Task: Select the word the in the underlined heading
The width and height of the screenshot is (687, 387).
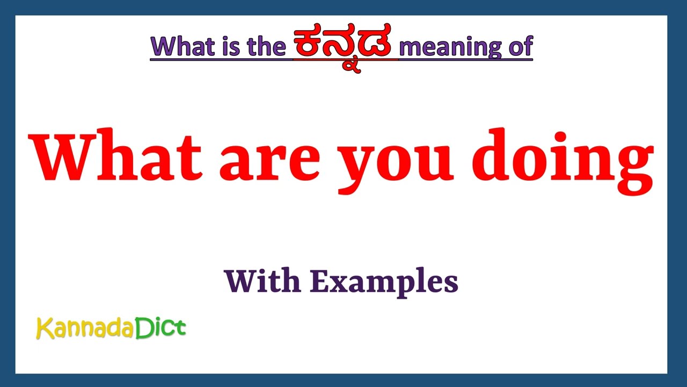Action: point(266,47)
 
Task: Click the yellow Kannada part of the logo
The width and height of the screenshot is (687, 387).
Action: point(85,328)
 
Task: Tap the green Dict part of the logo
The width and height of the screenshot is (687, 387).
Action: point(160,327)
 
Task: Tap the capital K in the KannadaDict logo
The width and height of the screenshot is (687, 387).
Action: point(44,328)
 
